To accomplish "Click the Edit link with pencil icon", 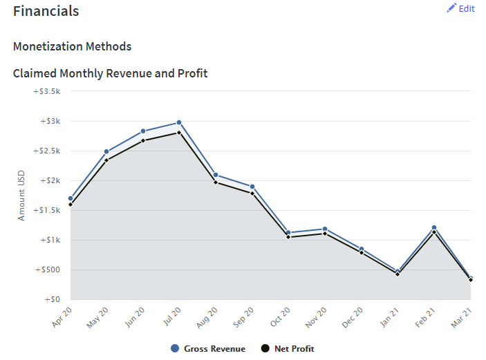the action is [x=460, y=8].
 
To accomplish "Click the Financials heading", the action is [x=46, y=11].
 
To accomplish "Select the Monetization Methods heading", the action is [x=72, y=46].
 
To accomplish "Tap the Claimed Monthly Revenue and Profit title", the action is [x=111, y=73].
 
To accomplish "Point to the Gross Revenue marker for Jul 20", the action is [x=179, y=123].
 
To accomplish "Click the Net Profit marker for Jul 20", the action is [x=179, y=133].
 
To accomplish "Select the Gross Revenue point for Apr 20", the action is [x=71, y=198].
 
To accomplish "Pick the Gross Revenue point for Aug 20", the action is [x=216, y=175].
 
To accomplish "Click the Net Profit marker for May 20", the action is [x=106, y=160].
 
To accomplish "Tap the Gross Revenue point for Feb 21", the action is [x=434, y=227].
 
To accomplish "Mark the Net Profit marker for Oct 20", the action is [x=288, y=237].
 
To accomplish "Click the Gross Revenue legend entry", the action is [x=208, y=348].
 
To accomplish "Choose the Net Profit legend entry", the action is [x=288, y=348].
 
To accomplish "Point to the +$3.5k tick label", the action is [x=47, y=91].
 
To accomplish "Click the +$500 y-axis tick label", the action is [x=48, y=269].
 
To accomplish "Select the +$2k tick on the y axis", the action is [x=50, y=180].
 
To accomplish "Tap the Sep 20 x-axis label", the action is [x=243, y=317].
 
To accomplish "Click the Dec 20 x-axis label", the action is [x=353, y=317].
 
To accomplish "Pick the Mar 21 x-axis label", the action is [x=462, y=317].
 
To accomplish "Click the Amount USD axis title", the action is [x=21, y=196].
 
